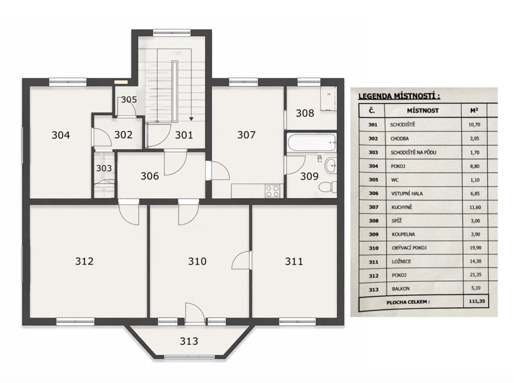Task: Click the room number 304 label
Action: [61, 135]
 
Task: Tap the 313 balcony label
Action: [189, 341]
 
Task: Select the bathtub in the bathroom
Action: [311, 142]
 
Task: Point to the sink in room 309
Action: [330, 166]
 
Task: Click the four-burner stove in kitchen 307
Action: [273, 191]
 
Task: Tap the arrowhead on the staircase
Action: [191, 118]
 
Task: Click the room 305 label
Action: [129, 99]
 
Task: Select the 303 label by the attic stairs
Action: [104, 168]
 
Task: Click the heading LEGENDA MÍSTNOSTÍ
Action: [399, 96]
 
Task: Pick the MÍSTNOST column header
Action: [423, 110]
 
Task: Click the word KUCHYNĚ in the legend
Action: [402, 207]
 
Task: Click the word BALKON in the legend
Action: [401, 289]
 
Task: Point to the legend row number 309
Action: [373, 234]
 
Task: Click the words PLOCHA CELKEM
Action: [408, 302]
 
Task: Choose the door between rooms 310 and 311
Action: [242, 261]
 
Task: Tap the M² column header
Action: [474, 110]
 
